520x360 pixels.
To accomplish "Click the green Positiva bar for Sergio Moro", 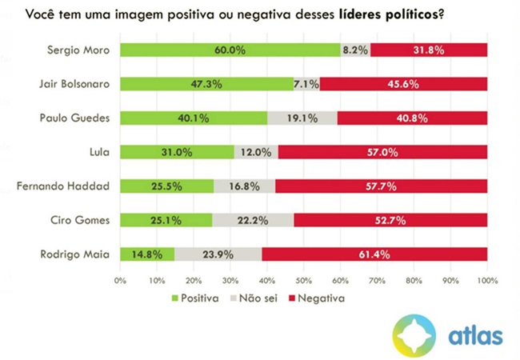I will click(x=230, y=50).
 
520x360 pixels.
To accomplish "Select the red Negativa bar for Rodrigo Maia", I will click(x=374, y=254).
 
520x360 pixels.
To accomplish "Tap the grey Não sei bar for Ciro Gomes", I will click(x=253, y=220).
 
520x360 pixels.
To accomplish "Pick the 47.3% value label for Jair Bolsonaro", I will click(x=207, y=83).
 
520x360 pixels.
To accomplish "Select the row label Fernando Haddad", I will click(x=73, y=186).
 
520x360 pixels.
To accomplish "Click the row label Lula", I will click(x=100, y=152).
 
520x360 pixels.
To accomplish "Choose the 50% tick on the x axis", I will click(x=304, y=281).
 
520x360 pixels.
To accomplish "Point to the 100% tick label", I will click(x=487, y=281).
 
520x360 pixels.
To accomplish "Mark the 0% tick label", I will click(x=120, y=281).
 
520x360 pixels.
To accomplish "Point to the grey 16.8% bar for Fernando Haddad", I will click(x=244, y=186).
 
